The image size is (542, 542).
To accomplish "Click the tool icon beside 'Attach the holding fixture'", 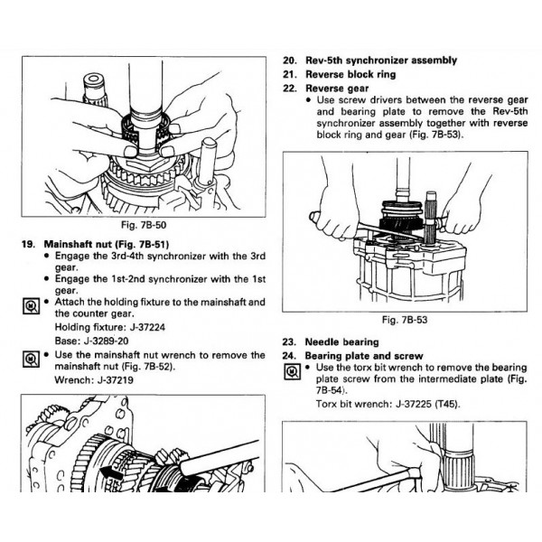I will [x=25, y=306].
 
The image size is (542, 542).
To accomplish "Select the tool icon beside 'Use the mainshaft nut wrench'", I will [x=25, y=360].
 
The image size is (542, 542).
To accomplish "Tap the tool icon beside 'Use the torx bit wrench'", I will [x=289, y=370].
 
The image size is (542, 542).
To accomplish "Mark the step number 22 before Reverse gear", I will [x=289, y=89].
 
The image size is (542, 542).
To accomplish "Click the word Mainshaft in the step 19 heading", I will [x=70, y=244].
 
